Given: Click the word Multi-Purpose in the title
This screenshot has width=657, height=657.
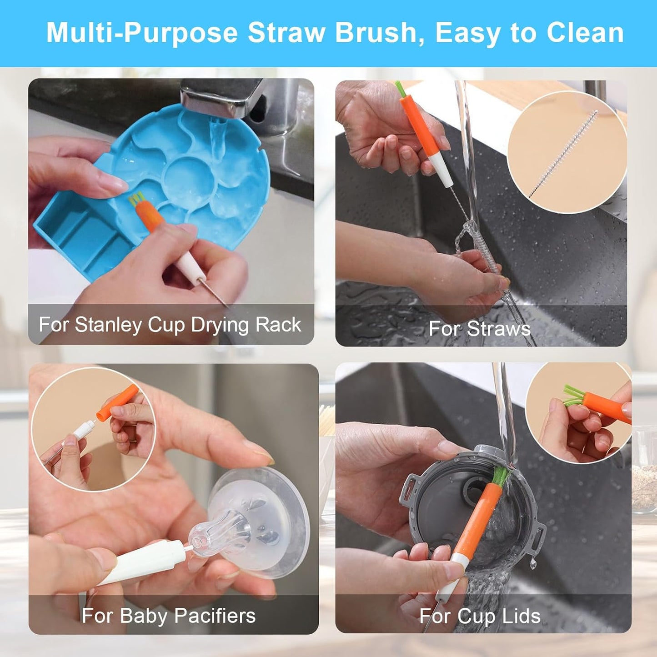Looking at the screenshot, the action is [x=142, y=33].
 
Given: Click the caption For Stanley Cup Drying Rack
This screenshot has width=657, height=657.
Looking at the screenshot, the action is [x=170, y=325].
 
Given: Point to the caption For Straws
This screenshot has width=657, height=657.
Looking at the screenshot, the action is [x=479, y=329].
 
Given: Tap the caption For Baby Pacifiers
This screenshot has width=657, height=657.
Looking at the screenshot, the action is [x=168, y=616].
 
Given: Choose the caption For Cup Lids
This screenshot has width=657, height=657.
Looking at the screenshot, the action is [x=480, y=616].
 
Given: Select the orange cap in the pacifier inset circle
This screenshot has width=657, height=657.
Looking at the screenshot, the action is [x=117, y=403].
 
